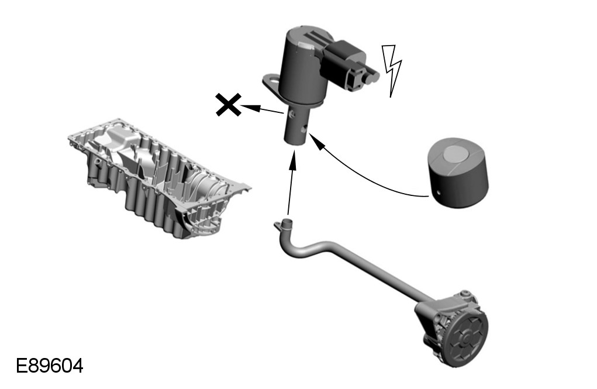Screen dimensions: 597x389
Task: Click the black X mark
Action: coord(229,104)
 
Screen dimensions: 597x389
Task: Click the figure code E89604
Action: coord(50,366)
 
